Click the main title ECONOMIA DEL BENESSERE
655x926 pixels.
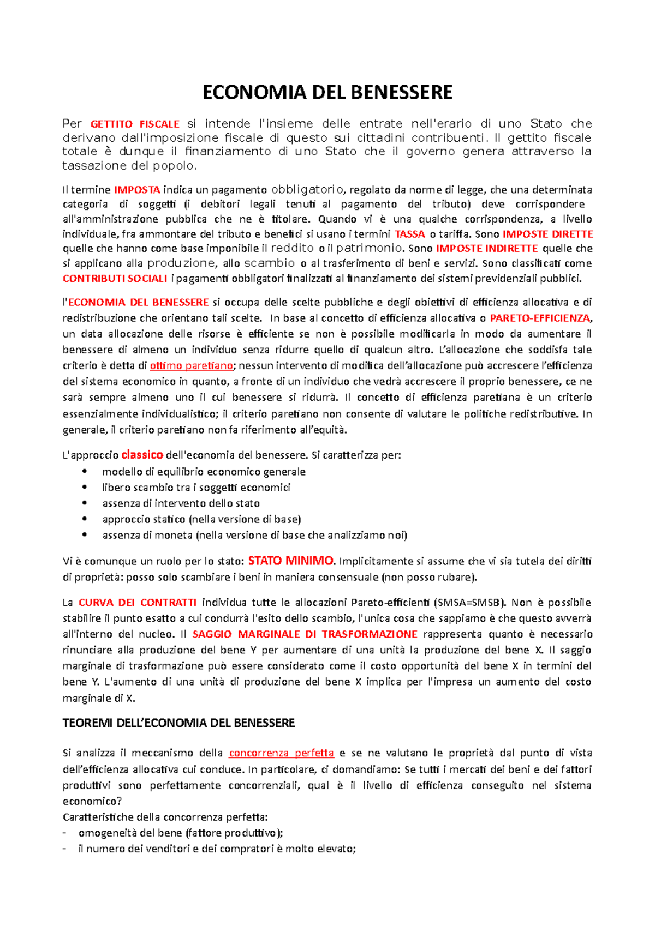click(327, 92)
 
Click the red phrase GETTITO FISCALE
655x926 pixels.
click(135, 124)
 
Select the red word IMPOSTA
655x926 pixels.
click(137, 190)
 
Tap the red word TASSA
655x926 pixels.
click(409, 234)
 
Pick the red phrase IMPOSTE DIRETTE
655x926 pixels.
click(547, 234)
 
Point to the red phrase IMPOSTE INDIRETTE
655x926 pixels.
click(487, 249)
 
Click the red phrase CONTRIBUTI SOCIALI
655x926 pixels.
click(115, 279)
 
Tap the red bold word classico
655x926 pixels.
click(142, 455)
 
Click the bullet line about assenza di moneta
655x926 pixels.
click(254, 535)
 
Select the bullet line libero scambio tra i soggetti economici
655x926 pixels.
click(196, 488)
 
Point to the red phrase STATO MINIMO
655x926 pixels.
click(290, 561)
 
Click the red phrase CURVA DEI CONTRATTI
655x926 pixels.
click(138, 603)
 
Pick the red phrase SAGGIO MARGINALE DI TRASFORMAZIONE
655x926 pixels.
click(305, 634)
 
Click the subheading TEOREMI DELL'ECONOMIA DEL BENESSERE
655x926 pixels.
click(178, 723)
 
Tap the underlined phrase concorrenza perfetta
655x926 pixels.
click(281, 753)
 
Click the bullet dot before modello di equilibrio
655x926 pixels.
click(84, 472)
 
